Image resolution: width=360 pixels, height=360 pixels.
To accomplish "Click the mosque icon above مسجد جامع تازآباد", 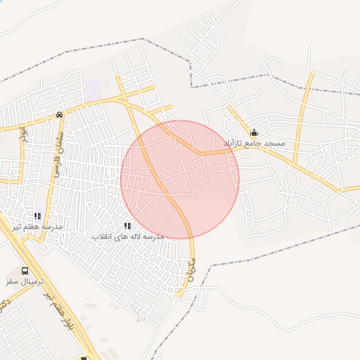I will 254,132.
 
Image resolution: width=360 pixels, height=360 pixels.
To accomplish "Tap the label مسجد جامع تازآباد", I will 254,143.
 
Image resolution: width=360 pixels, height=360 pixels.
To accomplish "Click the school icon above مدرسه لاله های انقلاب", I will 127,226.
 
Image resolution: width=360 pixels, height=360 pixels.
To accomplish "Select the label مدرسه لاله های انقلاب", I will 128,237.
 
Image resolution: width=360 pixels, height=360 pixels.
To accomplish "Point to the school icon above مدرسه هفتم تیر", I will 37,216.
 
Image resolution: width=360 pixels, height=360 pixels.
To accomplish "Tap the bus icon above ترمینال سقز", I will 25,270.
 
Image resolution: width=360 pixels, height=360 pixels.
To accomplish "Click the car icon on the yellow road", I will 59,115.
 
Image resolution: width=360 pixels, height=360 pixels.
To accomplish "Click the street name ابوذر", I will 23,131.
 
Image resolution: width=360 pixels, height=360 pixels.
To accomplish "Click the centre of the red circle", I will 180,179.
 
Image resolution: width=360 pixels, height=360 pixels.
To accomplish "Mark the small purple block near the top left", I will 93,90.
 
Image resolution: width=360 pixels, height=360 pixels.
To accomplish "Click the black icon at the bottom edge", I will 84,357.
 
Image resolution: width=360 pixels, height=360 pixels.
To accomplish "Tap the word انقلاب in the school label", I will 105,237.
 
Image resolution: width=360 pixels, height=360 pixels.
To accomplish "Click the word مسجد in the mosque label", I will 275,143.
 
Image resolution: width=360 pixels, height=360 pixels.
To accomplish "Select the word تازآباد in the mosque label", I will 235,143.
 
